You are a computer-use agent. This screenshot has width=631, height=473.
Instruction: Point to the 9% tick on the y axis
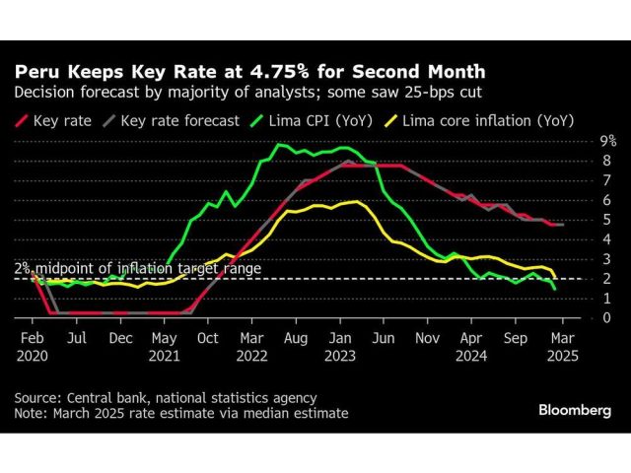pos(583,141)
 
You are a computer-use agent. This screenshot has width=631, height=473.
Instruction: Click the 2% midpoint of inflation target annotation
pos(137,268)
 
